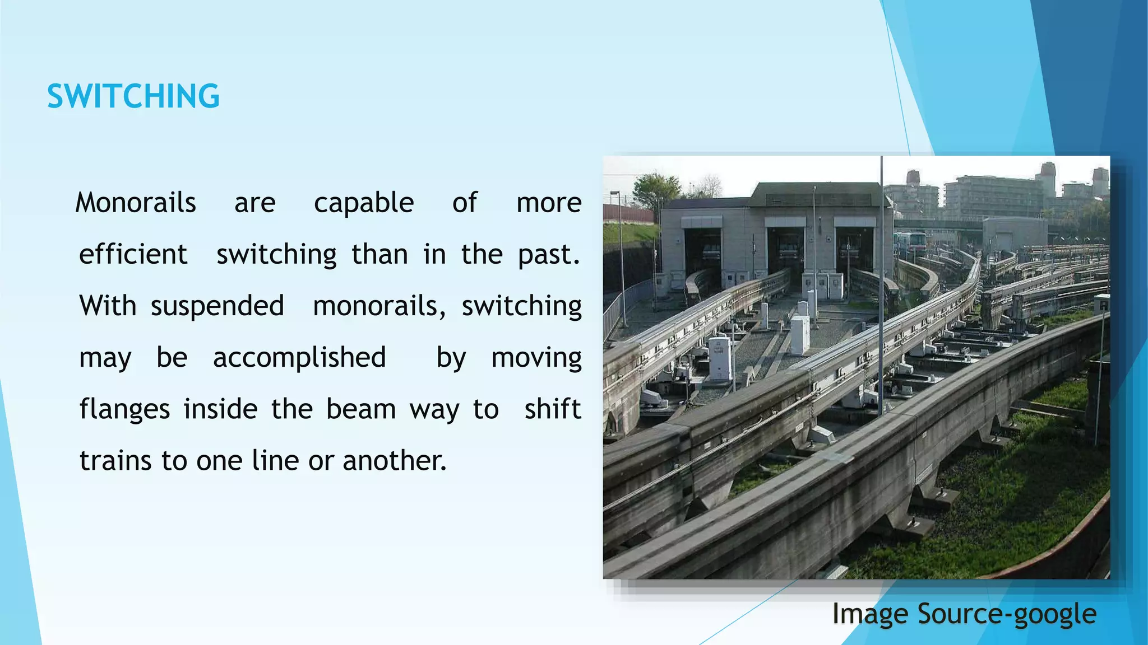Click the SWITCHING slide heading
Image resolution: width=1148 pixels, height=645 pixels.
133,96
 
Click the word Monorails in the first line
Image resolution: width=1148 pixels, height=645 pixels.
136,203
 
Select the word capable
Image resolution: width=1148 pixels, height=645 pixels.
364,203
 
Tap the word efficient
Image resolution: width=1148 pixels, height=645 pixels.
133,255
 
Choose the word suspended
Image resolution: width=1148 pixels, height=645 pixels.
217,306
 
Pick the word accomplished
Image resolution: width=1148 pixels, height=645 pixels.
299,358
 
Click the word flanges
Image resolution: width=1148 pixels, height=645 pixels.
124,409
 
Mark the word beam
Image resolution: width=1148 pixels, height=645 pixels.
361,409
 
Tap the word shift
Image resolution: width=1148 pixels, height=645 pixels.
552,409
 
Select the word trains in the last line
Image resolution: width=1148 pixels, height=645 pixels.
115,461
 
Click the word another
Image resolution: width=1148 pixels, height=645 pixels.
394,461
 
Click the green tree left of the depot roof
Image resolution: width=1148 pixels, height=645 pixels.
656,188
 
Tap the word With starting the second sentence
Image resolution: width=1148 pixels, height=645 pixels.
108,306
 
